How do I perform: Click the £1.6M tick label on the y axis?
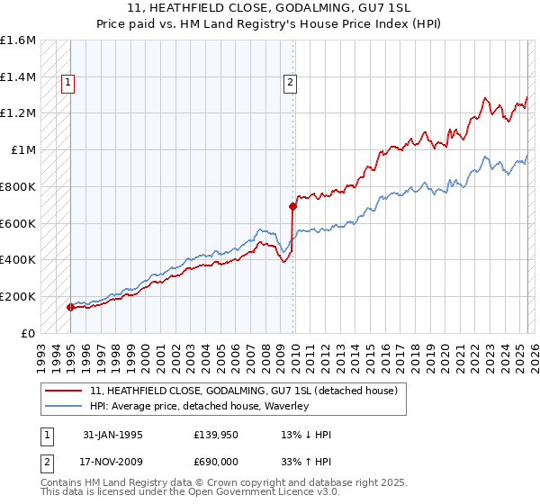(18, 40)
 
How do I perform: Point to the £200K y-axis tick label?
(18, 296)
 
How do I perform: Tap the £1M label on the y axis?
(23, 150)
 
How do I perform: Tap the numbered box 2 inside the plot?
(290, 84)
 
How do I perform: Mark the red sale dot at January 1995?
(70, 307)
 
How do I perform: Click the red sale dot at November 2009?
(292, 206)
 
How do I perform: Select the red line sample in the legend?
(64, 391)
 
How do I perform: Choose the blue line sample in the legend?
(64, 406)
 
